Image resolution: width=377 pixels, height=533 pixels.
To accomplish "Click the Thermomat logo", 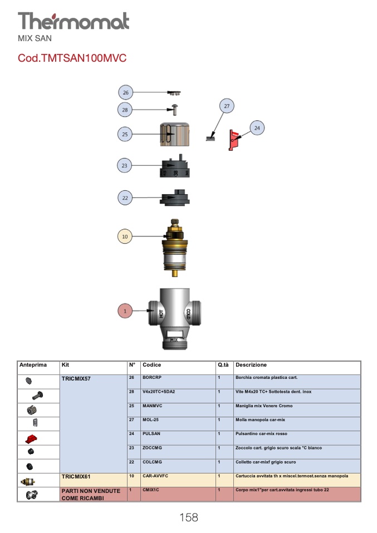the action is point(74,21).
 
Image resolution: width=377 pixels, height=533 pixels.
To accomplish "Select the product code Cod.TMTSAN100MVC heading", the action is point(72,58).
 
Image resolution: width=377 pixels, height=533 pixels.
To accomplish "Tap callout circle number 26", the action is point(125,92).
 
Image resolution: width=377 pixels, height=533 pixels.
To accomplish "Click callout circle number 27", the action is point(227,106).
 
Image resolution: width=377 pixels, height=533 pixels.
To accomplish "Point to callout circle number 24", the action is point(257,128).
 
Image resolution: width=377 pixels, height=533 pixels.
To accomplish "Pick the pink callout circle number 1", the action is point(125,311).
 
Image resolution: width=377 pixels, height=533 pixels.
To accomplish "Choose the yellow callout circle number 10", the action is point(125,236).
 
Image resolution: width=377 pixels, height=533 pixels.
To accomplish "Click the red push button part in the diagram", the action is point(233,140).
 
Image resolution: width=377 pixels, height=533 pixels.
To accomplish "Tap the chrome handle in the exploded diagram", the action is point(174,134).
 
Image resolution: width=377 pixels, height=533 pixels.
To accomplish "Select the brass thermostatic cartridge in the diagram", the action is point(174,248).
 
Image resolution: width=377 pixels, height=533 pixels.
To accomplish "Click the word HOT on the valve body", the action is point(160,313).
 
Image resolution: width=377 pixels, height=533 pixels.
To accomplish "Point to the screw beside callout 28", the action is point(174,110).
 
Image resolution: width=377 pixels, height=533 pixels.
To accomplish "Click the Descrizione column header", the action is point(251,365).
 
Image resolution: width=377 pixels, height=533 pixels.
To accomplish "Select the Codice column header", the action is point(152,365).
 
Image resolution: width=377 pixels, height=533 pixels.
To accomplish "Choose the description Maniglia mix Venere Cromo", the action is point(264,406).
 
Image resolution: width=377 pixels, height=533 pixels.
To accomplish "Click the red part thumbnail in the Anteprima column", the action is point(31,439).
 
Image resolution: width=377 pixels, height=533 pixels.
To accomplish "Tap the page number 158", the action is point(188,517).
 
